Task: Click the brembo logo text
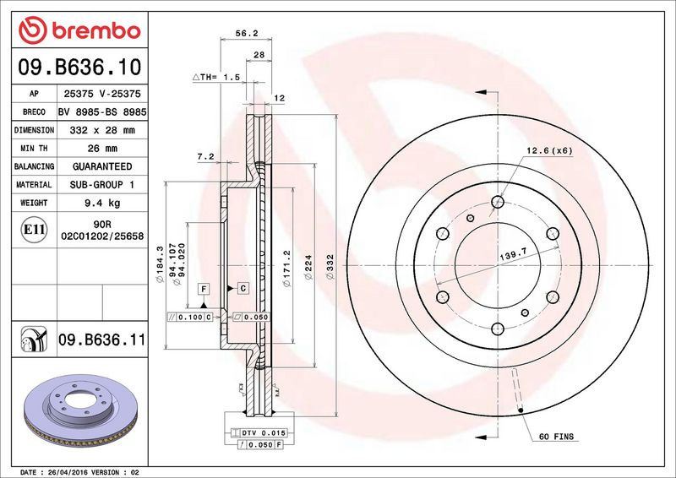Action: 96,31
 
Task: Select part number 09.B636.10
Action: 79,67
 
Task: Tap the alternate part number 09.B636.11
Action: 101,339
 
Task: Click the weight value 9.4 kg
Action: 102,203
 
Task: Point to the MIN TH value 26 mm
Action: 102,149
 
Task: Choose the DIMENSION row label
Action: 34,130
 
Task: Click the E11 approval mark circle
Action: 34,230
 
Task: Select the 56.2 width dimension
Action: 246,33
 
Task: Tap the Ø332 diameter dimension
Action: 330,266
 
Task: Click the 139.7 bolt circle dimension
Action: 513,255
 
